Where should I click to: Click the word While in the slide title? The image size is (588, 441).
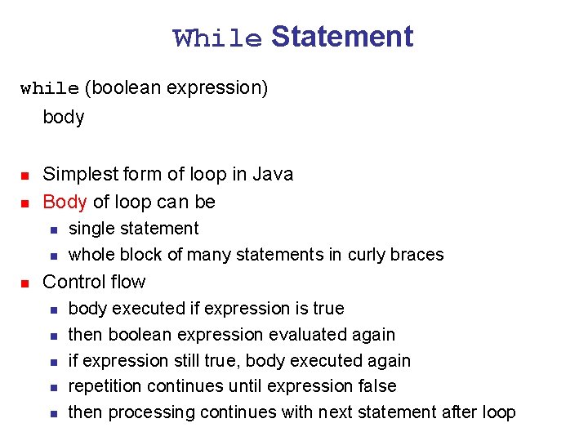click(217, 38)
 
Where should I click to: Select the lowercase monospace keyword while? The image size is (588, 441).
click(50, 88)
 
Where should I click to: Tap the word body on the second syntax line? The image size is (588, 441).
click(64, 117)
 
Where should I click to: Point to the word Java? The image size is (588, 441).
click(273, 174)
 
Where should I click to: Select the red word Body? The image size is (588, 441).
click(65, 201)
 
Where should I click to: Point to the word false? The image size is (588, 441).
click(375, 385)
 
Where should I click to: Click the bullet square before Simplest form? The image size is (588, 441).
click(24, 176)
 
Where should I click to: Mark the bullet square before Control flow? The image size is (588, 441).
click(24, 283)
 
